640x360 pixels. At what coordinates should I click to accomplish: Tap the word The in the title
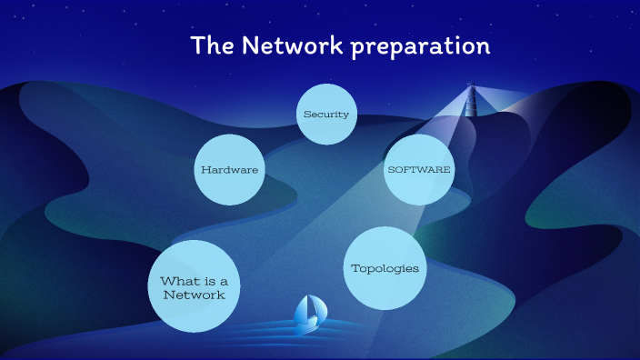[212, 45]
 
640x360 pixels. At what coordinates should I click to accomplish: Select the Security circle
[326, 115]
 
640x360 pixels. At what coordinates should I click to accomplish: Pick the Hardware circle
[230, 170]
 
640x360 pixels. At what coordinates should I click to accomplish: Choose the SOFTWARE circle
[418, 169]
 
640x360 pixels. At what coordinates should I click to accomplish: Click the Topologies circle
[385, 268]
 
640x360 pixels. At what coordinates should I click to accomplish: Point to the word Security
[326, 115]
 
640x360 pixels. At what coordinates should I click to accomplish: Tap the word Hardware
[230, 170]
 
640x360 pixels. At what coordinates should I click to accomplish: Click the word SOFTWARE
[418, 169]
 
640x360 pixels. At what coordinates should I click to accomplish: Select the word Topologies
[385, 268]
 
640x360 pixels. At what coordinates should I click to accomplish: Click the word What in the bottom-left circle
[176, 281]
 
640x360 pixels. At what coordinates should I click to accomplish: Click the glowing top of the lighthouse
[471, 87]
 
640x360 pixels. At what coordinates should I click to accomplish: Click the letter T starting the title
[197, 45]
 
